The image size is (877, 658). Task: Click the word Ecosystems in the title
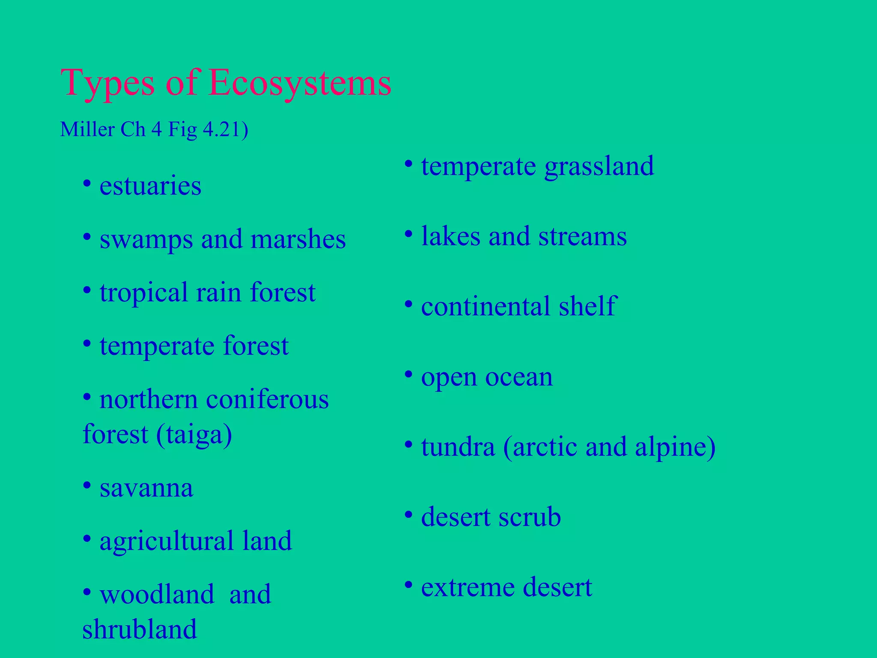click(300, 83)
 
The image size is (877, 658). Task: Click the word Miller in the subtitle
click(87, 129)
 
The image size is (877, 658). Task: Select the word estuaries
click(150, 186)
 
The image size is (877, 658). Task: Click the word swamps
click(146, 239)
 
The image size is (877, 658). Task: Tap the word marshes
click(298, 239)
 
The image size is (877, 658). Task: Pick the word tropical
click(143, 293)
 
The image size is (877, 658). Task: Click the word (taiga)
click(194, 434)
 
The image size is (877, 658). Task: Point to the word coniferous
click(268, 399)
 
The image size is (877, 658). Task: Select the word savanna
click(146, 488)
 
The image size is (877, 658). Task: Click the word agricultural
click(167, 541)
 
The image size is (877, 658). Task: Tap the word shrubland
click(140, 629)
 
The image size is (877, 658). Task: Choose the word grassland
click(599, 166)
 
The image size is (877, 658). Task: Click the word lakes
click(450, 236)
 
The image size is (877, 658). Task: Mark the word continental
click(486, 306)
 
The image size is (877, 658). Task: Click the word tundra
click(458, 447)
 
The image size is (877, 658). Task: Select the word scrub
click(530, 517)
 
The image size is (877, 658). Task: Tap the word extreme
click(467, 587)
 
